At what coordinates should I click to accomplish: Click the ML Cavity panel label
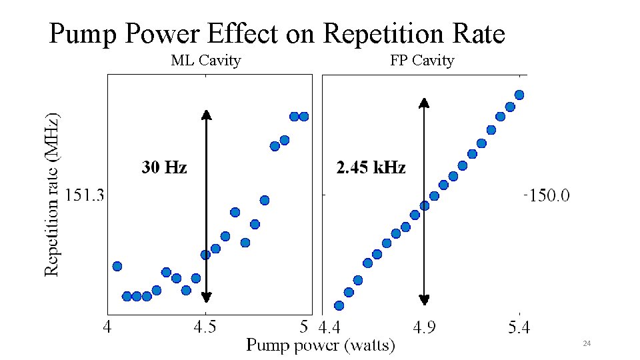click(206, 61)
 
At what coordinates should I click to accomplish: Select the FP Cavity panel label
click(422, 61)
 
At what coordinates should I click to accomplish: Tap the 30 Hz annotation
click(164, 167)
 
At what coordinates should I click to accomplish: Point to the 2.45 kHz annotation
click(371, 167)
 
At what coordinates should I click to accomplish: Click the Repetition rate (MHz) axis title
click(53, 193)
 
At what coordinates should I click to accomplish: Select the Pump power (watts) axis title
click(321, 345)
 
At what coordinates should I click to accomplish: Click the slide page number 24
click(587, 343)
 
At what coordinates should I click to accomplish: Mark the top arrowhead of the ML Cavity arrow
click(207, 114)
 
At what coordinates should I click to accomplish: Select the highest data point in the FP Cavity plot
click(519, 95)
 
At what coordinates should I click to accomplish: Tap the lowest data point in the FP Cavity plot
click(339, 306)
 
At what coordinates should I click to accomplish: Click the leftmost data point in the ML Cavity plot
click(117, 266)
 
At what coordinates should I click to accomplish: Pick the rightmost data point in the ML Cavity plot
click(304, 117)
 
